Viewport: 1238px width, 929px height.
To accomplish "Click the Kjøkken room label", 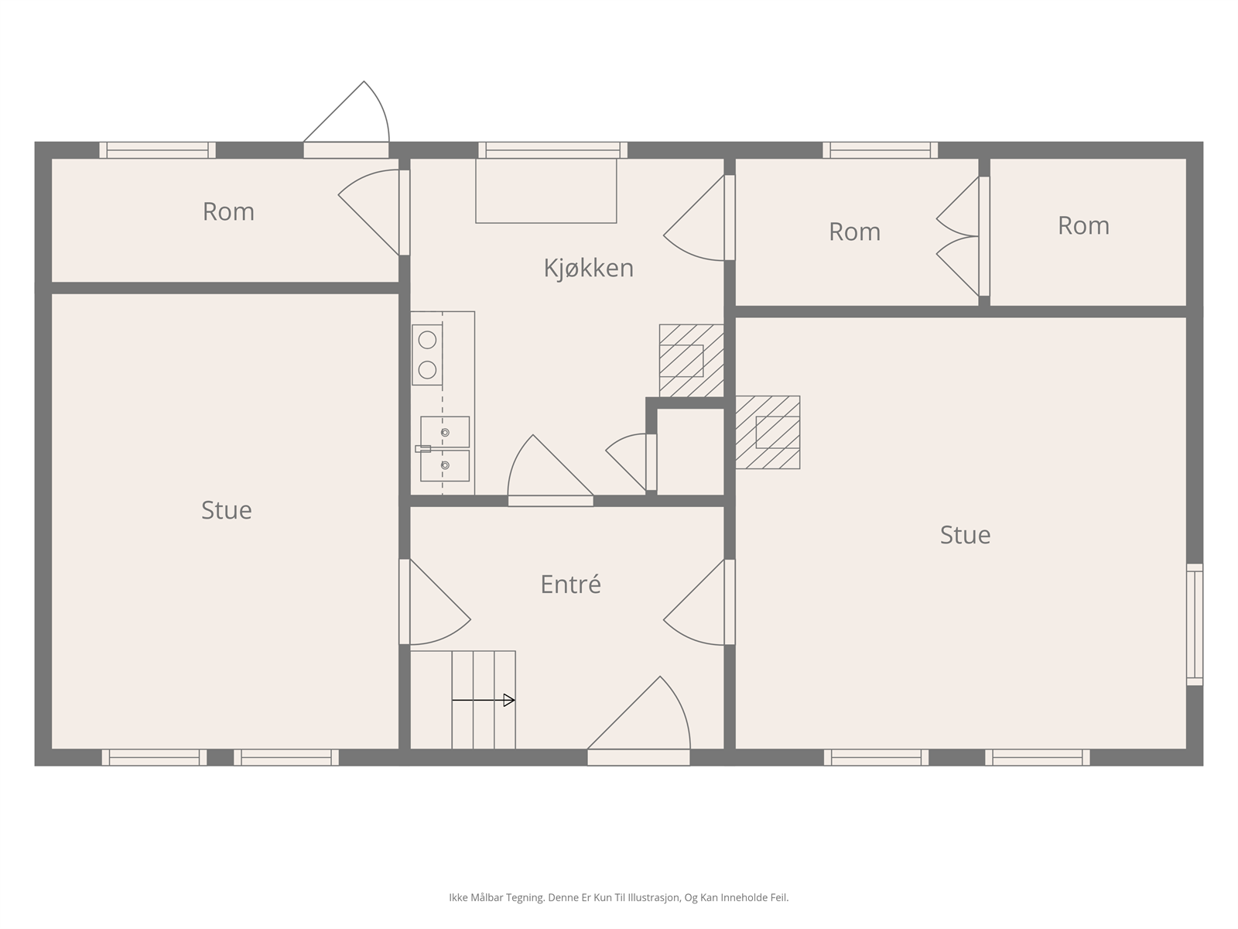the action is point(588,268).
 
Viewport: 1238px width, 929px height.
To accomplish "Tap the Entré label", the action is point(570,584).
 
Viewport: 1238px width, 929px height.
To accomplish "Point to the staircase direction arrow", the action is point(484,700).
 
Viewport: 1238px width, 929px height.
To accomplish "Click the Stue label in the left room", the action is point(226,510).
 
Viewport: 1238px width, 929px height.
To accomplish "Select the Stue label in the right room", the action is point(965,535).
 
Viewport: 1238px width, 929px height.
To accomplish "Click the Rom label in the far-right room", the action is point(1083,225).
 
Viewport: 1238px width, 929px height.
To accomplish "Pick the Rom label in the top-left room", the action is point(228,211).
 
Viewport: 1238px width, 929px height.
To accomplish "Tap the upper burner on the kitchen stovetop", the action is point(428,340).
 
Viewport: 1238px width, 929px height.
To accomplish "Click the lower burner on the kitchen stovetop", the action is point(428,370).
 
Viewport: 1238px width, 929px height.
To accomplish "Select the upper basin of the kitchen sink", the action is point(445,431).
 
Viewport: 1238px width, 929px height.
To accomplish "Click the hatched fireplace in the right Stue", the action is point(768,432).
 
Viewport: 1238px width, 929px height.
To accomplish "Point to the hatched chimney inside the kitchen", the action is point(692,361).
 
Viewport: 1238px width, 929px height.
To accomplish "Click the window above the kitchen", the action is point(552,150).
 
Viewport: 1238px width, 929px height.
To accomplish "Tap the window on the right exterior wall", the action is point(1195,625).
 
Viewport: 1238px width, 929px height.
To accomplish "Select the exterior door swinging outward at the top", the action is point(347,119).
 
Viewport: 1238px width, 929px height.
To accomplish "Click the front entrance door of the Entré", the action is point(638,721).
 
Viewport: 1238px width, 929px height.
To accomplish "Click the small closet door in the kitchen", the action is point(631,462).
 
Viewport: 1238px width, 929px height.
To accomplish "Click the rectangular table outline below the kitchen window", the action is point(546,190).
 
